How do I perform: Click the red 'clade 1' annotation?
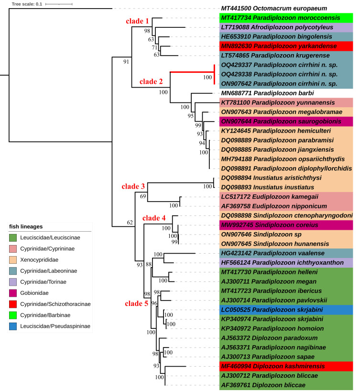point(137,21)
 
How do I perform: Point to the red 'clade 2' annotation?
point(151,81)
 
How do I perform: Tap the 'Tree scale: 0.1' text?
point(27,4)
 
